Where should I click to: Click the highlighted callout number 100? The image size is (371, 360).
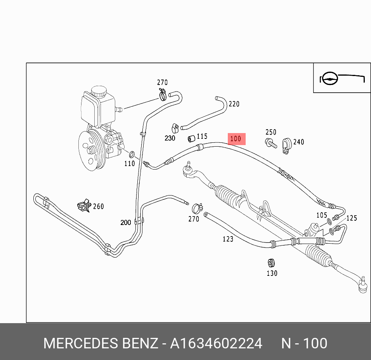236,139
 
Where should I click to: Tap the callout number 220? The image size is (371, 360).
234,104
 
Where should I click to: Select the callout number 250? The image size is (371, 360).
270,132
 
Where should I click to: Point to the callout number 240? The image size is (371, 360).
298,142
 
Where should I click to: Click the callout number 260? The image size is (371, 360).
98,206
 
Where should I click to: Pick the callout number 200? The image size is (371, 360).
126,223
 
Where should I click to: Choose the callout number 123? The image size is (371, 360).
228,239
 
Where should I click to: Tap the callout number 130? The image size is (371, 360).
272,273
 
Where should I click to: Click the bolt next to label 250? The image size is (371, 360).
271,144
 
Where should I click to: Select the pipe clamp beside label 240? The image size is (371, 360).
286,145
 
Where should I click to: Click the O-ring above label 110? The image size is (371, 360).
132,154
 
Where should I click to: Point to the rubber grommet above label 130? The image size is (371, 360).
271,262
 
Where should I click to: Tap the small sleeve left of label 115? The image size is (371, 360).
191,138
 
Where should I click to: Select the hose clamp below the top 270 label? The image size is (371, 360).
162,93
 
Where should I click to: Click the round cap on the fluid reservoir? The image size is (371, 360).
99,91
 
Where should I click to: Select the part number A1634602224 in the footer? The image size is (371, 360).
216,344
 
